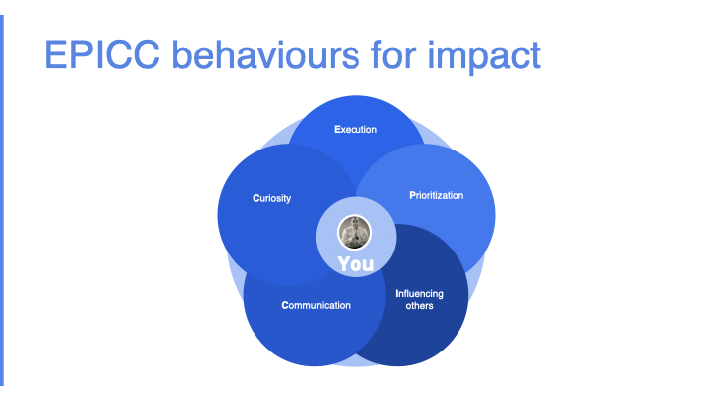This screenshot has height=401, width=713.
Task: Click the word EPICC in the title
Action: click(102, 54)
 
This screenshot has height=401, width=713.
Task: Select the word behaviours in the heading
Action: click(266, 54)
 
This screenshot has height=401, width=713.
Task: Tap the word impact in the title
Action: click(483, 56)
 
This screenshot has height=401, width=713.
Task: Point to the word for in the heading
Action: click(394, 54)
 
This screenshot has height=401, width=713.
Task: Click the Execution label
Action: click(356, 129)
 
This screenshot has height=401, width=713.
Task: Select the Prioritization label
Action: click(437, 195)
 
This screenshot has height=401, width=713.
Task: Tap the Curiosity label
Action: click(272, 198)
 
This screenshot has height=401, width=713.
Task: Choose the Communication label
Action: click(316, 305)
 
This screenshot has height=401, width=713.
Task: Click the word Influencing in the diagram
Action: click(419, 294)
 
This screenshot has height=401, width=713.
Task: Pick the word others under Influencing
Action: click(419, 306)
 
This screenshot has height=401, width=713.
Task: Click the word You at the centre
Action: click(356, 264)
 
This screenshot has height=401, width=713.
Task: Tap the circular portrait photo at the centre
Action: click(355, 233)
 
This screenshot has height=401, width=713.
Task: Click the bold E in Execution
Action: click(337, 129)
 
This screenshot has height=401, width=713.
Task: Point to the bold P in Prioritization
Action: click(412, 195)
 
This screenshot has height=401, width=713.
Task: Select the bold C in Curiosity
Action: click(256, 198)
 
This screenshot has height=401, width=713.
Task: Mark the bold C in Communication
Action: click(285, 305)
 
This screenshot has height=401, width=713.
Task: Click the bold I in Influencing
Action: click(396, 294)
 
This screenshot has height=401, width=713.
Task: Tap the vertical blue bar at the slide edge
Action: click(2, 200)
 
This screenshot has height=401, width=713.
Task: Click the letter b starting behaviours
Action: click(182, 54)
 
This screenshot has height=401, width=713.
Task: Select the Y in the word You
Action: click(345, 264)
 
